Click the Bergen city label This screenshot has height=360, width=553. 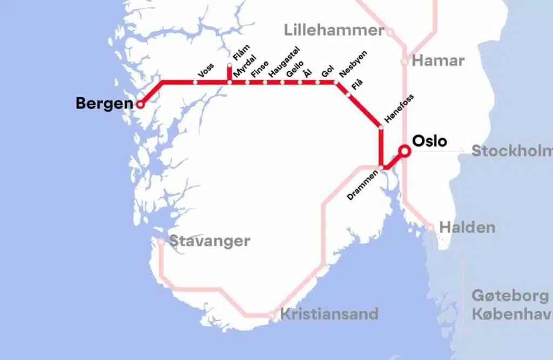tap(104, 103)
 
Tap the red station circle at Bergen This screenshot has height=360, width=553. tap(140, 104)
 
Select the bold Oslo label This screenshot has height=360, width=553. tap(429, 141)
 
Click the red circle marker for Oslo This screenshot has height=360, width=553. tap(403, 151)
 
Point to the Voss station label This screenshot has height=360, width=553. tap(206, 71)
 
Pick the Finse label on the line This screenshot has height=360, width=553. tap(259, 71)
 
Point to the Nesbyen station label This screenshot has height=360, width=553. tap(353, 67)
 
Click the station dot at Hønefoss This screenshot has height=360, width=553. tap(381, 128)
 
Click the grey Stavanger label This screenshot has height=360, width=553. tap(210, 241)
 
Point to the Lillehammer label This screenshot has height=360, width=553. tap(334, 30)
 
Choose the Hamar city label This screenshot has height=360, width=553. tap(438, 60)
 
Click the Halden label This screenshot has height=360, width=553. tap(467, 227)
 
